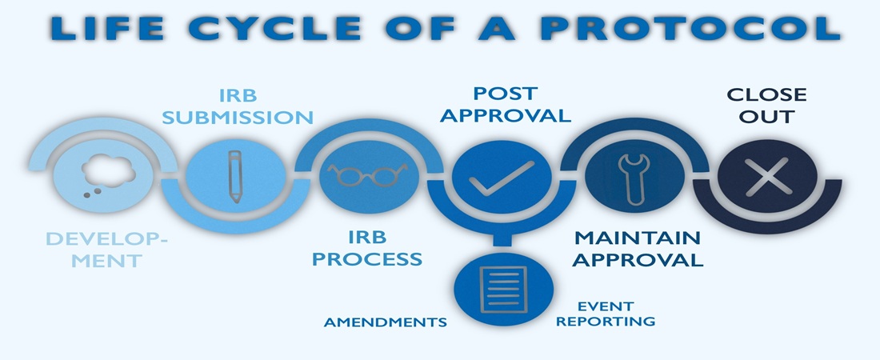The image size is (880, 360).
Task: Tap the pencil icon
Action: (x=234, y=174)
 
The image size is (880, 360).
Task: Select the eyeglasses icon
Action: (x=367, y=174)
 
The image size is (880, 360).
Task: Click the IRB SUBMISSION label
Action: (x=238, y=106)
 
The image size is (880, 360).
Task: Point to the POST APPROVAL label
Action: (x=506, y=104)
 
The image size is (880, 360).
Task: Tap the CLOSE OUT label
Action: (x=766, y=106)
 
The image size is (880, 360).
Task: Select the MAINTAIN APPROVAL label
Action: (x=638, y=249)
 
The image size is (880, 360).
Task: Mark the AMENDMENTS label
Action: (x=385, y=322)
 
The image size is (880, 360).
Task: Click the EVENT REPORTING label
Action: (x=606, y=314)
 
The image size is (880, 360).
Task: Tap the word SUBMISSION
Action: (x=238, y=118)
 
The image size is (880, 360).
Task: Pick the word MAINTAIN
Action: (x=638, y=238)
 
